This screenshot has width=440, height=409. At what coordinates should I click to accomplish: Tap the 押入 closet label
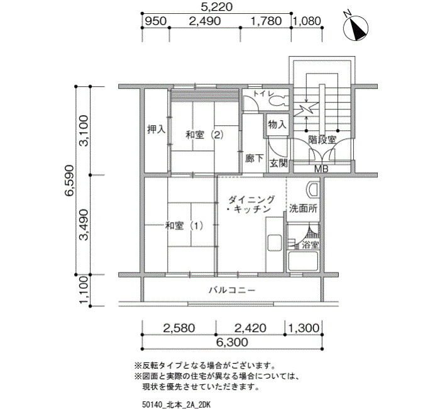click(156, 129)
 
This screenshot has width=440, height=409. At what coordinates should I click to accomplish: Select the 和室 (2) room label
click(204, 135)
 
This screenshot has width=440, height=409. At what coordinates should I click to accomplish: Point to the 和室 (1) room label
click(184, 225)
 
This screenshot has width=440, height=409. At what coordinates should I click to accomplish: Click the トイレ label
click(262, 94)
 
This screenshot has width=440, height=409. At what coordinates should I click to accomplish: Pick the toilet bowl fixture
click(280, 100)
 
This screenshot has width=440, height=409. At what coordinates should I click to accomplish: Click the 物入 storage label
click(277, 124)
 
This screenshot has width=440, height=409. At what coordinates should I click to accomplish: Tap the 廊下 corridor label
click(254, 159)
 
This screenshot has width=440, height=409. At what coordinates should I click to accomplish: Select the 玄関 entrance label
click(278, 163)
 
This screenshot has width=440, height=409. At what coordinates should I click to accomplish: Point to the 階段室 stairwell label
click(322, 140)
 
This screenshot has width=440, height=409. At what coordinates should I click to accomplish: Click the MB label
click(321, 169)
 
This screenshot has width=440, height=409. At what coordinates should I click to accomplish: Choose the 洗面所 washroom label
click(303, 209)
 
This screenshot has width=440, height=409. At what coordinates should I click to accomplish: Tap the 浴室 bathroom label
click(310, 245)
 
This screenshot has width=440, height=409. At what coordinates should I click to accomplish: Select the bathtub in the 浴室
click(303, 261)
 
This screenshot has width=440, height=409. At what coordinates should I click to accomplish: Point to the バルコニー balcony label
click(232, 290)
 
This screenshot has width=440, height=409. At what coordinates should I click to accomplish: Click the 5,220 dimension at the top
click(217, 7)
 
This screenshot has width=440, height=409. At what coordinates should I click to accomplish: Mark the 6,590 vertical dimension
click(69, 181)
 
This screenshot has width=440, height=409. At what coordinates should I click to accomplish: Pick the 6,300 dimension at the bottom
click(233, 342)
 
